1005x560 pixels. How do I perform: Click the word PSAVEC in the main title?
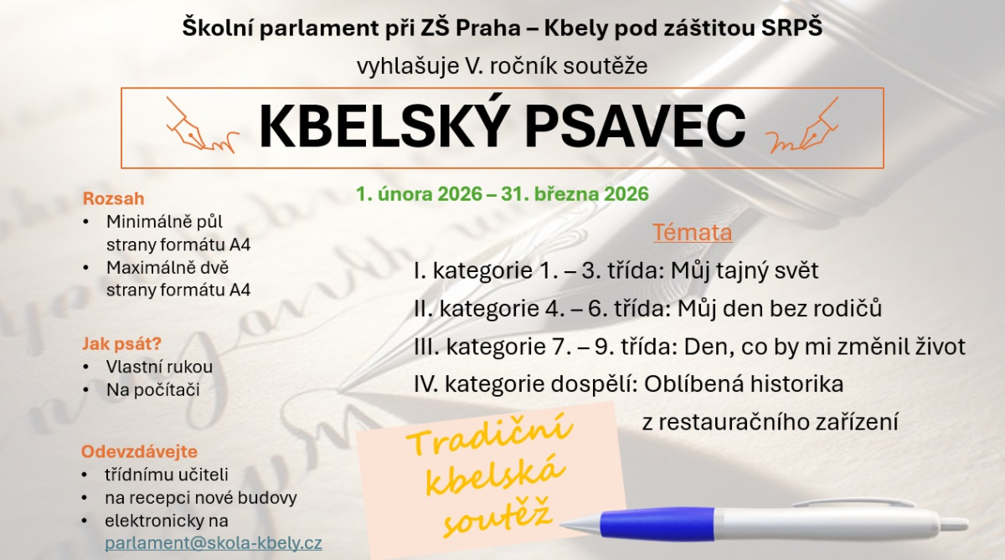click(636, 126)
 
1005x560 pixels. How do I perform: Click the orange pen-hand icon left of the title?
click(202, 126)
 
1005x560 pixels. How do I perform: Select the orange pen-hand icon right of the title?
click(801, 126)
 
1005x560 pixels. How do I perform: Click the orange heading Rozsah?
click(114, 198)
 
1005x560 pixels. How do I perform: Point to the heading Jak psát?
click(121, 343)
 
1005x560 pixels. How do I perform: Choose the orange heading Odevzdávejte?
click(139, 451)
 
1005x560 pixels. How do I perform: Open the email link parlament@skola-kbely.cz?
click(213, 543)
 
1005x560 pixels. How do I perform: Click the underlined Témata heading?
click(693, 232)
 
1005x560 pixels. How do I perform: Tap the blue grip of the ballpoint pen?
click(657, 521)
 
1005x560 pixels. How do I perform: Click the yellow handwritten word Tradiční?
click(489, 434)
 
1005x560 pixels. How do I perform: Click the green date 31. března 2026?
click(575, 194)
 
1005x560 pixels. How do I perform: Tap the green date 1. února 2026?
click(419, 194)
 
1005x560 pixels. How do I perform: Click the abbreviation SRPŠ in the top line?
click(792, 27)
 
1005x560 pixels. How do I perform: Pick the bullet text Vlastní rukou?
click(159, 367)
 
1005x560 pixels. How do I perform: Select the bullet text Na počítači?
click(153, 389)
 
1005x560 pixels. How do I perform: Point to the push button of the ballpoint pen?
click(954, 523)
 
